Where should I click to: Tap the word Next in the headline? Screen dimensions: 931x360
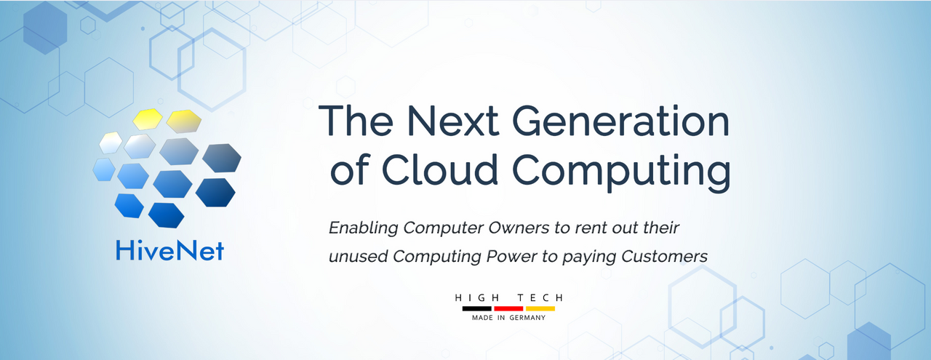(452, 121)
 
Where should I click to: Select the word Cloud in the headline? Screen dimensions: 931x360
(440, 169)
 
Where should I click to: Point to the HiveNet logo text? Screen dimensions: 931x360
(170, 251)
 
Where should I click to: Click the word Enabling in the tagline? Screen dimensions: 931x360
(363, 228)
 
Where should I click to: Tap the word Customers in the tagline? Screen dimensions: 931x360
(664, 257)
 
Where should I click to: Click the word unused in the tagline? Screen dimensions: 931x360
(359, 257)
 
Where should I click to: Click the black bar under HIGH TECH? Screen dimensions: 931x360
(476, 308)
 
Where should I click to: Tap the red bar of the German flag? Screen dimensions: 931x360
(508, 308)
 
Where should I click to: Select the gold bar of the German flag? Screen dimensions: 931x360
(540, 308)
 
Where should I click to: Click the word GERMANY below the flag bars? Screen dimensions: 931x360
(527, 318)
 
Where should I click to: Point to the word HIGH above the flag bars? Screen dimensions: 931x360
(478, 297)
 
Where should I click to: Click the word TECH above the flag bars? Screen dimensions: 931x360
(540, 297)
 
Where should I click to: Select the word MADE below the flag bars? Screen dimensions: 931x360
(482, 318)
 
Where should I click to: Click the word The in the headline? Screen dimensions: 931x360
(356, 121)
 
